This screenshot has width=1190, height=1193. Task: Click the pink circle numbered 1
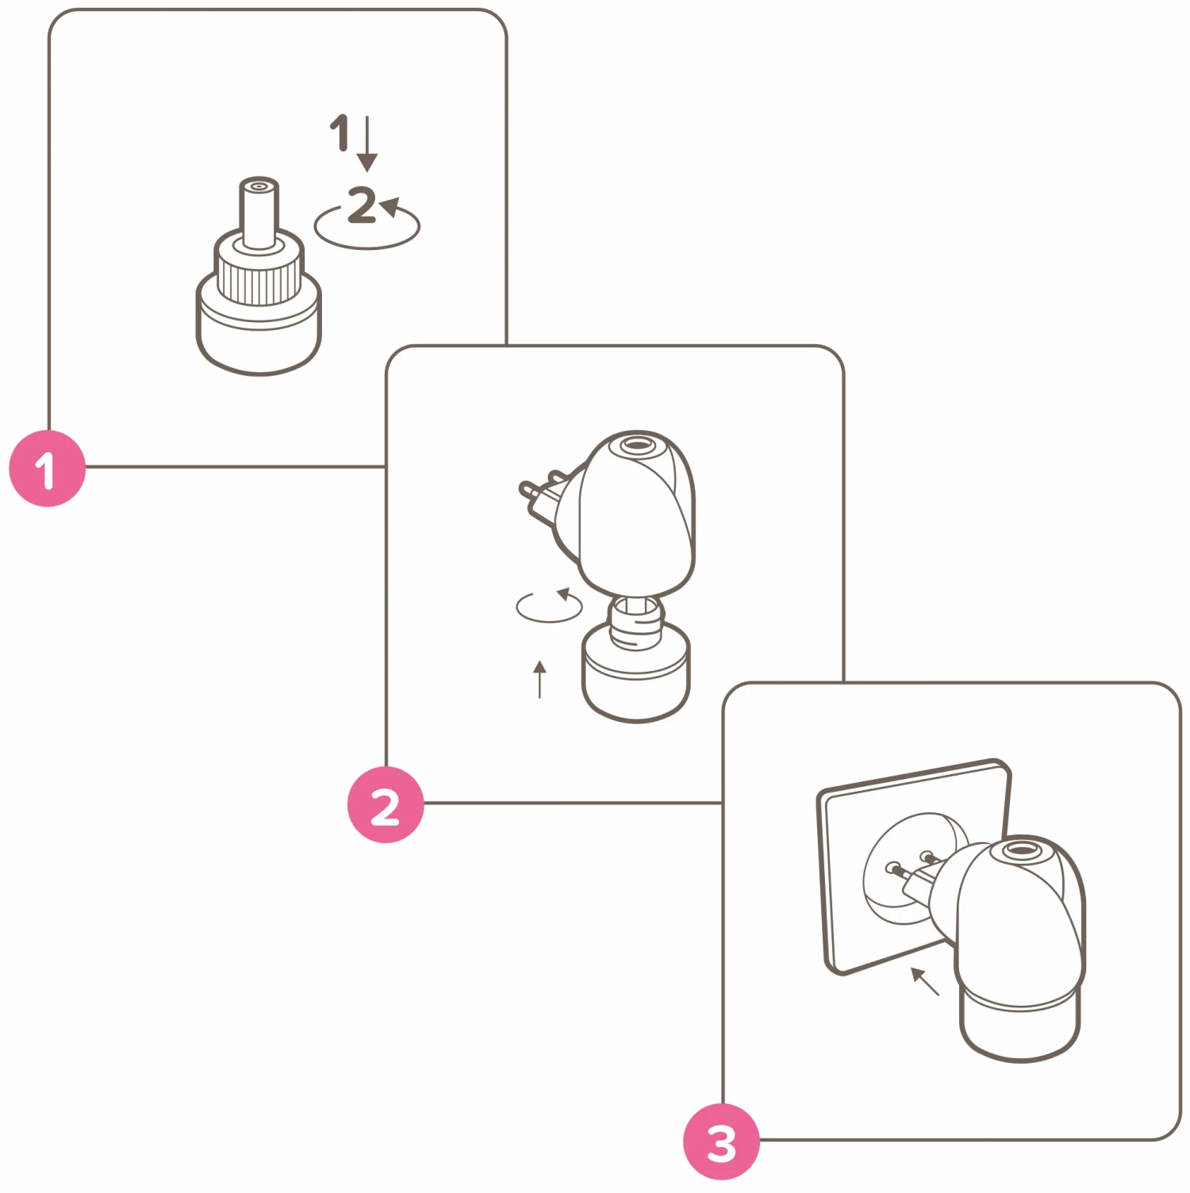pos(47,469)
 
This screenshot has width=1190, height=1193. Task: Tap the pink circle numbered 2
pos(386,804)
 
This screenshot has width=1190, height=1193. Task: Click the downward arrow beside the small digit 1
pos(367,143)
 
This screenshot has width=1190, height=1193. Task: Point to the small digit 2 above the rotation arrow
pos(362,205)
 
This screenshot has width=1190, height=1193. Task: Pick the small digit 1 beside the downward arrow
pos(340,132)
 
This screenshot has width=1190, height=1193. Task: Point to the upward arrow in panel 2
pos(539,679)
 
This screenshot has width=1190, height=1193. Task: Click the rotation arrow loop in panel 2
pos(549,606)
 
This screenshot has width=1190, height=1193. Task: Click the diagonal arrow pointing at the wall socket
pos(924,981)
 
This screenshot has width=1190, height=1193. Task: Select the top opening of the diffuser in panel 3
pos(1016,850)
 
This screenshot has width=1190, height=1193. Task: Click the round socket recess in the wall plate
pos(912,869)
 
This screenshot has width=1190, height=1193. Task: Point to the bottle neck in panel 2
pos(635,615)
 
